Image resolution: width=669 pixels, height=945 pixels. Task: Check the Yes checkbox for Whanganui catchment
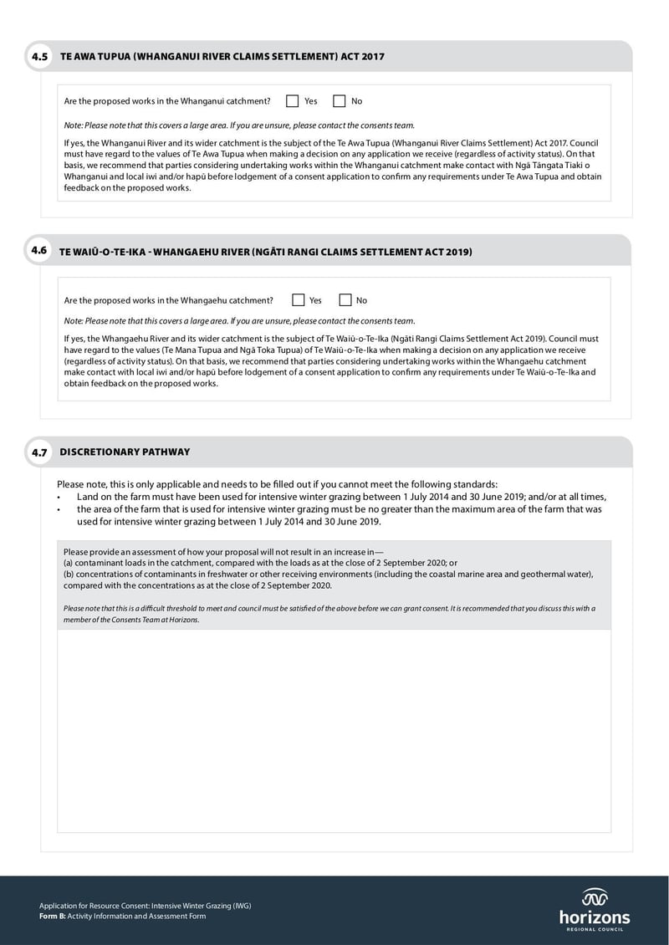click(293, 101)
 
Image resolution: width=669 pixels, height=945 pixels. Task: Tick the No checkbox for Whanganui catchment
click(340, 101)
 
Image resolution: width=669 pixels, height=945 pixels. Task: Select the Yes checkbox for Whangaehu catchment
click(299, 300)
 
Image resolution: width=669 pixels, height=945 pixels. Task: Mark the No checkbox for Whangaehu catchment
click(345, 300)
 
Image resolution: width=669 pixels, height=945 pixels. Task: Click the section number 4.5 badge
click(39, 57)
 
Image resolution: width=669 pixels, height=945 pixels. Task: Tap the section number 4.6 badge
click(39, 250)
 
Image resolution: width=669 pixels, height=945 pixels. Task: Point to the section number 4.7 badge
click(39, 452)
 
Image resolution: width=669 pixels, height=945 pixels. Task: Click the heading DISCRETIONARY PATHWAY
click(125, 452)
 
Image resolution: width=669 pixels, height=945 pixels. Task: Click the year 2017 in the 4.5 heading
click(373, 57)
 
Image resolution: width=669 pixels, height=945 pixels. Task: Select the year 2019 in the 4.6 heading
click(459, 252)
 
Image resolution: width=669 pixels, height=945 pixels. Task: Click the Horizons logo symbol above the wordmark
click(595, 897)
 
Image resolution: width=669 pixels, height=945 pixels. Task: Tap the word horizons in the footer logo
click(595, 917)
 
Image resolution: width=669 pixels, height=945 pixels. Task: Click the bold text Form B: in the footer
click(52, 916)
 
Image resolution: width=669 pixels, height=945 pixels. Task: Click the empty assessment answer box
click(334, 730)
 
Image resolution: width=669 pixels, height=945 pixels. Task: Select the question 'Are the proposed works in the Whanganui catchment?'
click(167, 101)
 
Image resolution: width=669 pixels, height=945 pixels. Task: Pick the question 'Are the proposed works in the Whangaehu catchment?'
click(168, 300)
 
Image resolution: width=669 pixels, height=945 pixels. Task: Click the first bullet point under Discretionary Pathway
click(59, 497)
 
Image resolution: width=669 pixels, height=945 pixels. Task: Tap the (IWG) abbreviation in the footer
click(242, 906)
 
